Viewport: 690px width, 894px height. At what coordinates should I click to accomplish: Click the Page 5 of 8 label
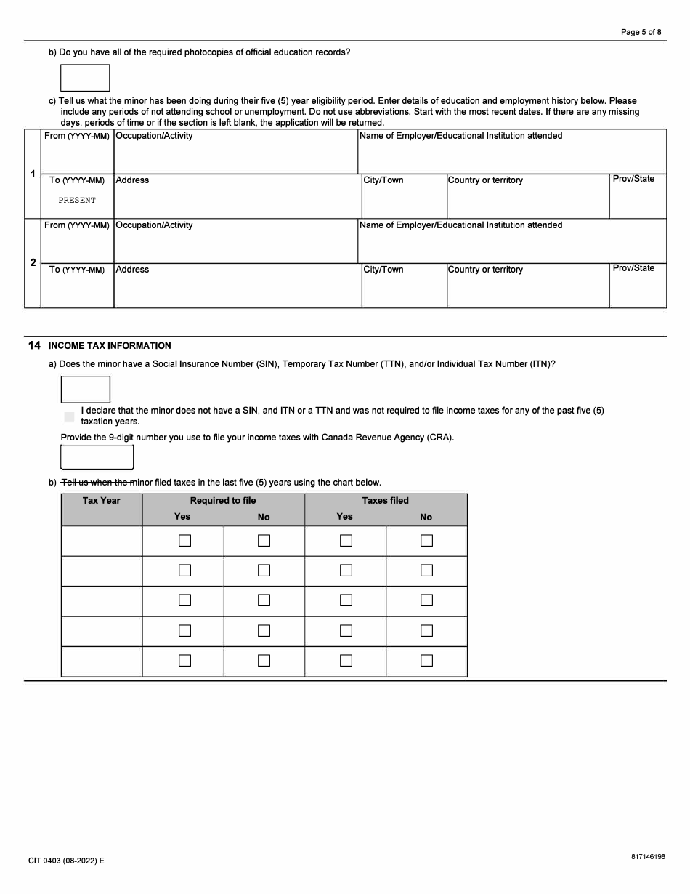click(641, 32)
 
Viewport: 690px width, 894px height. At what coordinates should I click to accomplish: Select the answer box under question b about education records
click(85, 78)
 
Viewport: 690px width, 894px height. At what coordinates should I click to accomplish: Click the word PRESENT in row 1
click(77, 201)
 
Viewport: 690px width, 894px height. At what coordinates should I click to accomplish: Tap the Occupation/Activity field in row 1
click(235, 157)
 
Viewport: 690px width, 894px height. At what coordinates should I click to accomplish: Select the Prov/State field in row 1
click(638, 201)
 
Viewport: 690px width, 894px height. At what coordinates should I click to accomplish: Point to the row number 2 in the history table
click(33, 263)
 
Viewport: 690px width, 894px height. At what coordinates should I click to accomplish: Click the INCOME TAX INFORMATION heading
click(110, 346)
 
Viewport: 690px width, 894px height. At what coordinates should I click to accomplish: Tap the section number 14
click(34, 346)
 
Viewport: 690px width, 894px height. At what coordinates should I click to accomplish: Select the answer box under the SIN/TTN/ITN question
click(86, 390)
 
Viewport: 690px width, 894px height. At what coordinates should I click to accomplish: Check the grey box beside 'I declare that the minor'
click(69, 416)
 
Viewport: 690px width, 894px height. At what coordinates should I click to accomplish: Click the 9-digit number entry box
click(97, 457)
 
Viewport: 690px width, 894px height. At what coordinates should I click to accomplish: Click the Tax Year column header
click(102, 501)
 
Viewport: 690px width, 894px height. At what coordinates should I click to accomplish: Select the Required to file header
click(223, 501)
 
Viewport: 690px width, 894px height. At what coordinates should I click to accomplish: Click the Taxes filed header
click(386, 501)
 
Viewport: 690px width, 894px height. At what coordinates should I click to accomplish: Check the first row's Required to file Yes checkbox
click(184, 541)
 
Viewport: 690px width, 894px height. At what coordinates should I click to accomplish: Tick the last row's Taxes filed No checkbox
click(426, 661)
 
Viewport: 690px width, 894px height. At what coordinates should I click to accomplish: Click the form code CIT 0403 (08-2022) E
click(67, 861)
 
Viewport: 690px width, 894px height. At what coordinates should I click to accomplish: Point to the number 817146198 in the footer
click(648, 857)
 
